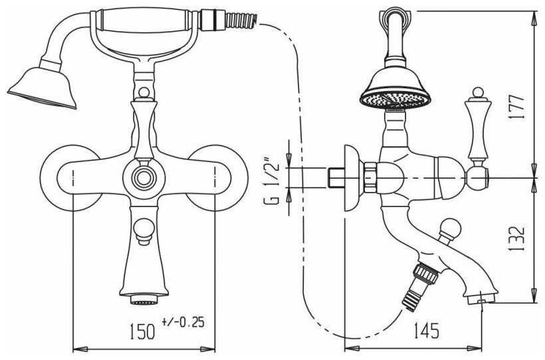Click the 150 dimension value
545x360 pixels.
[142, 331]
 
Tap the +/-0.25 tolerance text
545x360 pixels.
[183, 322]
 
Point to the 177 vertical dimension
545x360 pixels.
[516, 107]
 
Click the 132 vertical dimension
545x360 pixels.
[516, 238]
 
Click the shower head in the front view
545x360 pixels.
[43, 88]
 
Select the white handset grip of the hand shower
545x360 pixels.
[144, 21]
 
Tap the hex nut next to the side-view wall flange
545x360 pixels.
[370, 177]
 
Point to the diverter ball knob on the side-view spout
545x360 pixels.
[450, 228]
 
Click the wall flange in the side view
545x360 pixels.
[352, 178]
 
